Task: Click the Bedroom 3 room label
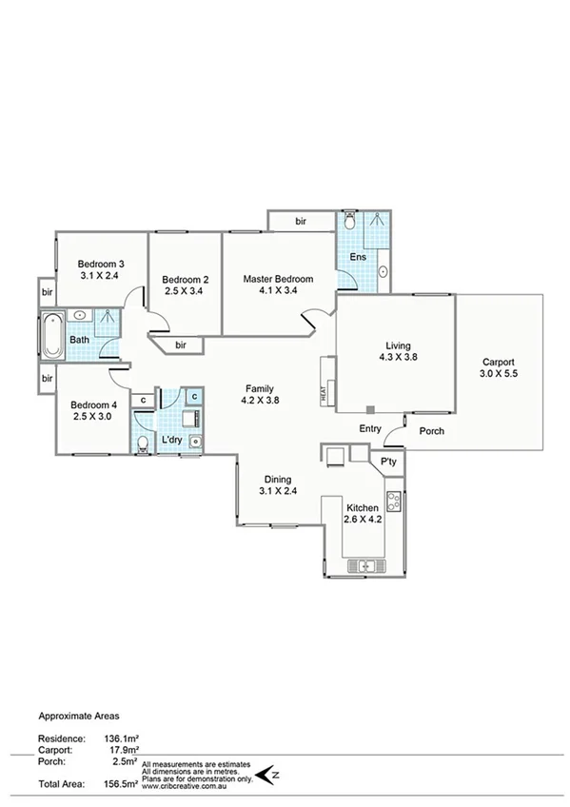click(x=101, y=264)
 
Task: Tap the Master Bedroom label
click(x=278, y=279)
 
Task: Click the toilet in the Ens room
click(x=352, y=222)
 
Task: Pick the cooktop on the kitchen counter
click(x=393, y=499)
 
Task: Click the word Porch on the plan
click(x=431, y=431)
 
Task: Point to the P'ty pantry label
click(x=387, y=461)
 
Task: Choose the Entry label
click(x=370, y=429)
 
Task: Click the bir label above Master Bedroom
click(x=301, y=221)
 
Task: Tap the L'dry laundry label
click(x=171, y=440)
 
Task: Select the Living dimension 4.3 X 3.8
click(x=397, y=358)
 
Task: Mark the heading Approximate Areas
click(x=79, y=713)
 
